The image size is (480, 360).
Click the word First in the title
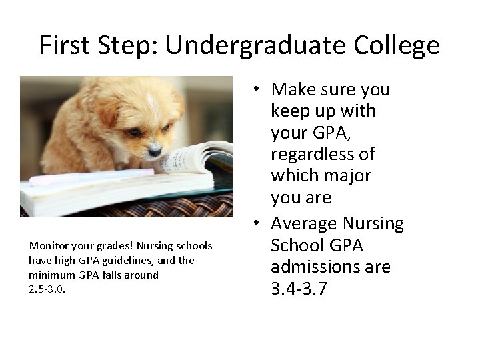tap(65, 45)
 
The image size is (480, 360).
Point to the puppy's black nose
tap(155, 151)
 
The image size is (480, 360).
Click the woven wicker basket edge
tap(133, 206)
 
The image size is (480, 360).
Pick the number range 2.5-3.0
tap(47, 289)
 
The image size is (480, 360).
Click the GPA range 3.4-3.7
tap(299, 289)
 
